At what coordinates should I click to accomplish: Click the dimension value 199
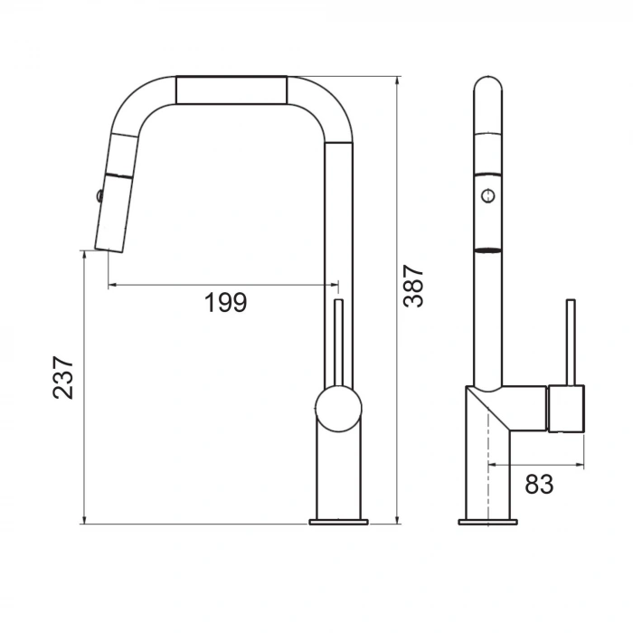(x=225, y=302)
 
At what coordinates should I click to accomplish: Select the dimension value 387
(x=413, y=286)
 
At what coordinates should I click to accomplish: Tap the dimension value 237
(x=62, y=377)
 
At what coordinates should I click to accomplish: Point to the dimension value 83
(x=539, y=484)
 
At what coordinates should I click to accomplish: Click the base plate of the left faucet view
(x=339, y=522)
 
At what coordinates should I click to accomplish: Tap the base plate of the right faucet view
(x=488, y=522)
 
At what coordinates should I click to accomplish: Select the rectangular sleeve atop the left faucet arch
(x=231, y=90)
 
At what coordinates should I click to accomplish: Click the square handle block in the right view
(x=567, y=408)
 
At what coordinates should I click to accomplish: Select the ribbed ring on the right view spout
(x=488, y=249)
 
